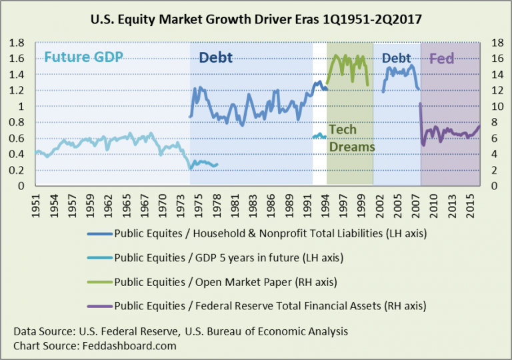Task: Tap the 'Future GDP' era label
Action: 84,57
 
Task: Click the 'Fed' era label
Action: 441,59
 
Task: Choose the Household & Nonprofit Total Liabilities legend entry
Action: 261,235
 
